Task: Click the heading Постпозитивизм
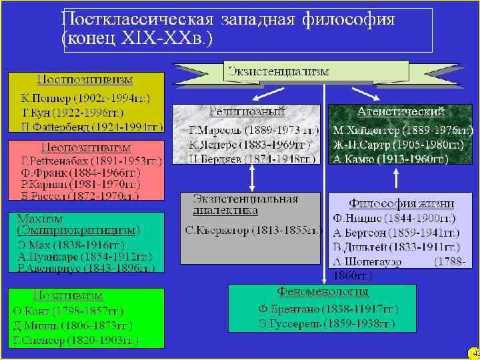point(85,79)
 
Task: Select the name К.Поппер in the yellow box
point(41,97)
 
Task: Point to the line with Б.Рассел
point(79,196)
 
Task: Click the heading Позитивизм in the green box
point(69,295)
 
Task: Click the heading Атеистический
point(401,111)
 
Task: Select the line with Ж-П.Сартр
point(399,145)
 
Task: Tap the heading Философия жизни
point(401,203)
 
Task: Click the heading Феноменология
point(323,292)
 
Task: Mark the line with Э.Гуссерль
point(327,324)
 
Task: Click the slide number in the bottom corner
point(474,353)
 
